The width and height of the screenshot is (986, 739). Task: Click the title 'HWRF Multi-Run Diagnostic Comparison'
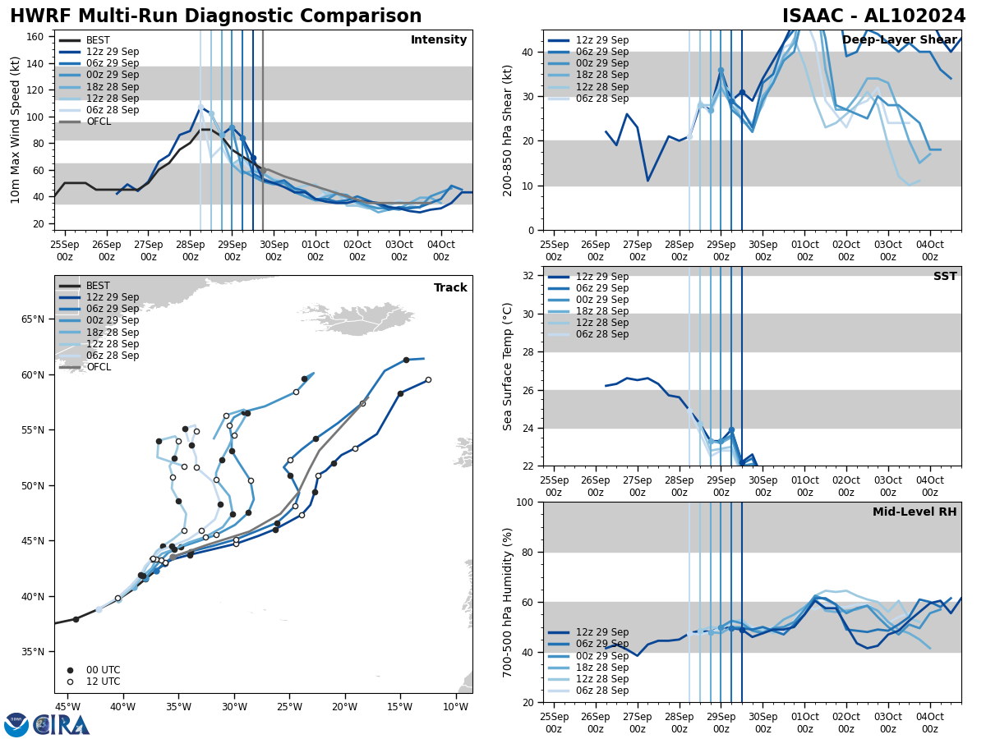point(215,16)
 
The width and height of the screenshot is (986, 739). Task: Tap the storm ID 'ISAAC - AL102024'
point(873,16)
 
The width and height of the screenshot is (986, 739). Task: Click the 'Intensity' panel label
point(439,40)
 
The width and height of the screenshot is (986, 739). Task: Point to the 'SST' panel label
point(945,277)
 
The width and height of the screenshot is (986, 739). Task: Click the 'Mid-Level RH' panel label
point(915,512)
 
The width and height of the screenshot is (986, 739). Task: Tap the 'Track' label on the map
point(450,288)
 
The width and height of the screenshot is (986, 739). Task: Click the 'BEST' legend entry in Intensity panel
point(98,40)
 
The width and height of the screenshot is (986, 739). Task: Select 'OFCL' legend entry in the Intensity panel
point(99,122)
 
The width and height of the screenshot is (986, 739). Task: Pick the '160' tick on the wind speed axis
point(35,37)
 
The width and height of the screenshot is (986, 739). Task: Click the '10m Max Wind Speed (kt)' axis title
point(15,130)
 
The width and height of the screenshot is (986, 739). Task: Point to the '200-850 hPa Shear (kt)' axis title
point(509,130)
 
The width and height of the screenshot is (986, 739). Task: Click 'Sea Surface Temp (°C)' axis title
point(509,366)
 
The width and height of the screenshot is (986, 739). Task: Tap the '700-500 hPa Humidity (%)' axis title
point(509,602)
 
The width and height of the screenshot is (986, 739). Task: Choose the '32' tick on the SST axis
point(529,276)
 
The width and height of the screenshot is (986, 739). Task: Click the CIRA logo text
point(62,724)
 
